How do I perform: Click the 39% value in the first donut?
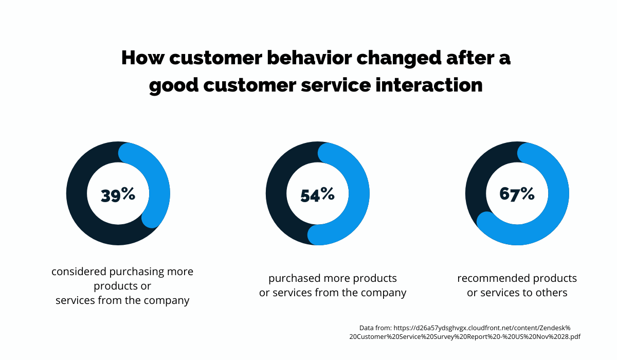(x=118, y=194)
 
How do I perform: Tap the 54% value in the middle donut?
(x=317, y=194)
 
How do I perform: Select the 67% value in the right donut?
(x=517, y=194)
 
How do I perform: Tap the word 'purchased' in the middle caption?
(x=294, y=278)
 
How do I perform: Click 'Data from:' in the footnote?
(x=375, y=327)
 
